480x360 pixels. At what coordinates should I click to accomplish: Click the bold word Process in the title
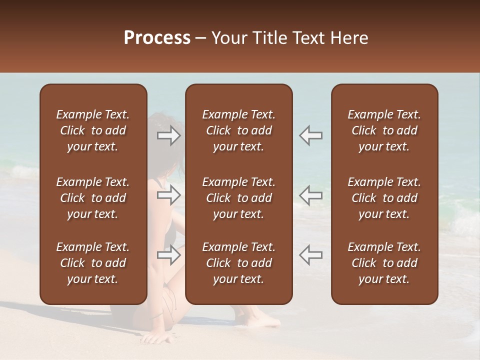tap(157, 37)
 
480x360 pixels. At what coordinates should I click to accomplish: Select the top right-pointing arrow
tap(169, 135)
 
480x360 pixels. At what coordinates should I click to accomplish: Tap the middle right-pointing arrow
tap(169, 195)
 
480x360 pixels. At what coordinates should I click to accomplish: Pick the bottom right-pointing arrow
tap(169, 255)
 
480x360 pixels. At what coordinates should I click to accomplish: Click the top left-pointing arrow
tap(310, 135)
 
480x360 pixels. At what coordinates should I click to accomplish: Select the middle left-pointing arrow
tap(310, 195)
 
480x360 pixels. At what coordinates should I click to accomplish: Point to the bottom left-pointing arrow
tap(310, 255)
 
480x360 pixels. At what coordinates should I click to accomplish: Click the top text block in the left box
tap(93, 130)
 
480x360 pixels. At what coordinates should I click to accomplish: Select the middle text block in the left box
tap(93, 198)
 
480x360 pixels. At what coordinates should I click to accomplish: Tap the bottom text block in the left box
tap(93, 263)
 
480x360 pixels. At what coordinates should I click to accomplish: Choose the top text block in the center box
tap(238, 130)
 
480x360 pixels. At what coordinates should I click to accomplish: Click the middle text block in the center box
tap(238, 198)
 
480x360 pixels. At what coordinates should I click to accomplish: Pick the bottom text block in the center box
tap(238, 263)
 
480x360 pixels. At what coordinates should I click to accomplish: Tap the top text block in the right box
tap(384, 130)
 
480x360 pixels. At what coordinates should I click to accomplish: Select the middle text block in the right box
tap(384, 198)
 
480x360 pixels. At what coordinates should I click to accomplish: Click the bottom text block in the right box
tap(384, 263)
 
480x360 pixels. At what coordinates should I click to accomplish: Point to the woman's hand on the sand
tap(158, 338)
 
